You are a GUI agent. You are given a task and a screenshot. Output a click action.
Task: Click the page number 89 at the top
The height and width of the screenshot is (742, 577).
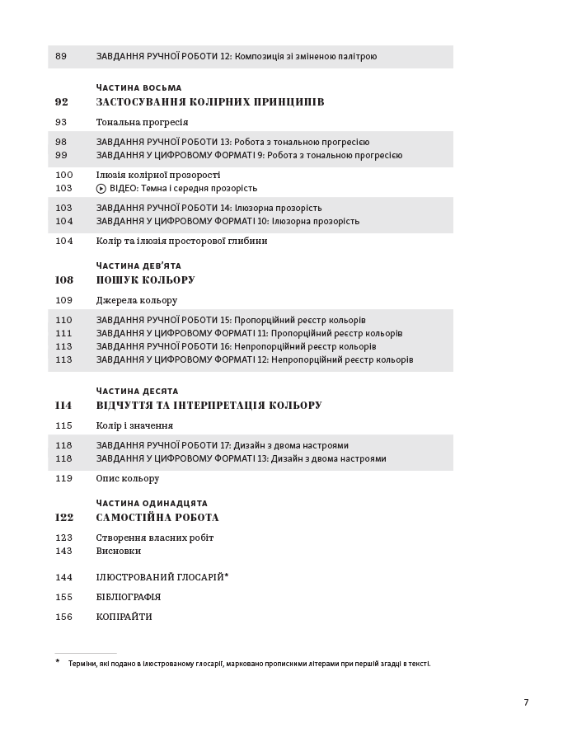tap(61, 56)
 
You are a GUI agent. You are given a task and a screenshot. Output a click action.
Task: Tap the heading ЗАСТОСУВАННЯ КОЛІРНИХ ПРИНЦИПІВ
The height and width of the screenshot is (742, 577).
tap(209, 102)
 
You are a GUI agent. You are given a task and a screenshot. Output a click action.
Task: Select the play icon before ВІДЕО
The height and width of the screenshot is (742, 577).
tap(101, 188)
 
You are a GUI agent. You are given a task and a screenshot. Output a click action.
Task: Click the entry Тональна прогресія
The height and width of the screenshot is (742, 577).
tap(142, 122)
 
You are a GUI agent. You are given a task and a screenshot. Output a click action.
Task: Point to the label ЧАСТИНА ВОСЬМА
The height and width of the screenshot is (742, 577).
tap(138, 87)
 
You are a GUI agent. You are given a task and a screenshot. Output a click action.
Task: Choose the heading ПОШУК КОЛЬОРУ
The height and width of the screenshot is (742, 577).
tap(145, 280)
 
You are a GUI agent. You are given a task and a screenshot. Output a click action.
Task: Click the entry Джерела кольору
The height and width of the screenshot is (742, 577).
tap(136, 300)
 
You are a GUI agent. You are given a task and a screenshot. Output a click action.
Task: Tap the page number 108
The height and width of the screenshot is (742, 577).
tap(63, 280)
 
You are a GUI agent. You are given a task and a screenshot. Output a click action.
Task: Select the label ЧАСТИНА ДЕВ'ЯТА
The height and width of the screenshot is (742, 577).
tap(138, 265)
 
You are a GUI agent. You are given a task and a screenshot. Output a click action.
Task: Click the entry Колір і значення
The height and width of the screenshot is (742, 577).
tap(134, 425)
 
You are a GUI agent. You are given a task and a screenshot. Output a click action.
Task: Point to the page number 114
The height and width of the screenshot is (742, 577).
tap(63, 406)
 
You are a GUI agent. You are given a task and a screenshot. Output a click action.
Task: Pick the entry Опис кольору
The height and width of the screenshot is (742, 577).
tap(127, 478)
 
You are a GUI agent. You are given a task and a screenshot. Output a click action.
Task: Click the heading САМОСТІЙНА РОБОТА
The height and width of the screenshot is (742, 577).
tap(157, 518)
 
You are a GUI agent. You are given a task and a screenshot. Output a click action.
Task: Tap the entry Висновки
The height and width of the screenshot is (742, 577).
tap(118, 551)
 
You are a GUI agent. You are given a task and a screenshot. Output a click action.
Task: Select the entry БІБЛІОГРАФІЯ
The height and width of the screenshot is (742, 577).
tap(128, 597)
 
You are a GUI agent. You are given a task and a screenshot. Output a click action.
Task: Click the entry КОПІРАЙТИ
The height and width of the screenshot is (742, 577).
tap(124, 617)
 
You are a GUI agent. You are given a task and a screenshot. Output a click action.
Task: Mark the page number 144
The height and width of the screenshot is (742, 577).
tap(63, 577)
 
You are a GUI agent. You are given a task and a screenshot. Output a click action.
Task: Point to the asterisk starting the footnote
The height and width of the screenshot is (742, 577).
tap(58, 662)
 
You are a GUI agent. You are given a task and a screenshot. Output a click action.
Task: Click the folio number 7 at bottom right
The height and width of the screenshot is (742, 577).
tap(526, 702)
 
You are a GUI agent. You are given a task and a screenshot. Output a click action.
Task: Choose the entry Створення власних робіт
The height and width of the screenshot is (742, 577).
tap(154, 538)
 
